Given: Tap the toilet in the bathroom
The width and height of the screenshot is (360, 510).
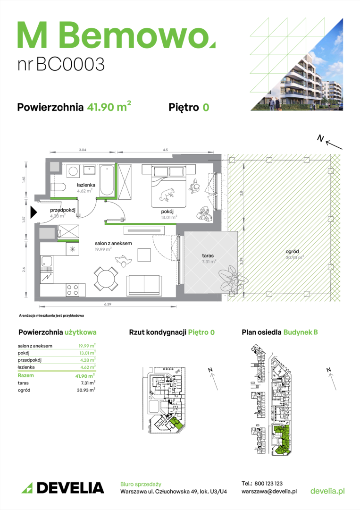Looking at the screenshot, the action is pos(58,188).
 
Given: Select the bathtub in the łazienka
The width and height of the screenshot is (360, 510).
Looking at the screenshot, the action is pos(107,180).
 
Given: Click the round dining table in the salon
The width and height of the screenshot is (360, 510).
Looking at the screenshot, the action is pos(106,279).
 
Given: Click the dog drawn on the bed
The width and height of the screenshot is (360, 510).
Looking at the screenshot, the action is pos(167,195).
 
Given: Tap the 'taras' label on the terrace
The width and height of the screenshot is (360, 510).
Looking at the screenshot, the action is pos(208,255).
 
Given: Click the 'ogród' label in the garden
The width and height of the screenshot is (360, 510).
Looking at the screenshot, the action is pos(292,251).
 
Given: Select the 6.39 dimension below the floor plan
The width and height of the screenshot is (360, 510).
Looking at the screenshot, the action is pos(108,304).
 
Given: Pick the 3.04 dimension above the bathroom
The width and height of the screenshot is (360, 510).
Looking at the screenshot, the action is pos(83,150).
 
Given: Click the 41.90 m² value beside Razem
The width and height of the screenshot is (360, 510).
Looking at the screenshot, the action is pos(85,376).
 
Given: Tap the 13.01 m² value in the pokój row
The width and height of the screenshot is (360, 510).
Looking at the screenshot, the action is pos(87,353).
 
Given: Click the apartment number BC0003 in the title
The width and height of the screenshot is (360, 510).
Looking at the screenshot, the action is pos(70,64).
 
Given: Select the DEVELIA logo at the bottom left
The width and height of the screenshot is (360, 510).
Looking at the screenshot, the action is pos(63,488).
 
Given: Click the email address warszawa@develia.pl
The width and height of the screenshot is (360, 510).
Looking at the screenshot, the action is pos(269,492).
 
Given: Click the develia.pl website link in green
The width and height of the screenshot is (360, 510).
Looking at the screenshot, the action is pos(327,491).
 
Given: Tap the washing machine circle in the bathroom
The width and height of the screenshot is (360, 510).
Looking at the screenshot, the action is pos(73,171).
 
